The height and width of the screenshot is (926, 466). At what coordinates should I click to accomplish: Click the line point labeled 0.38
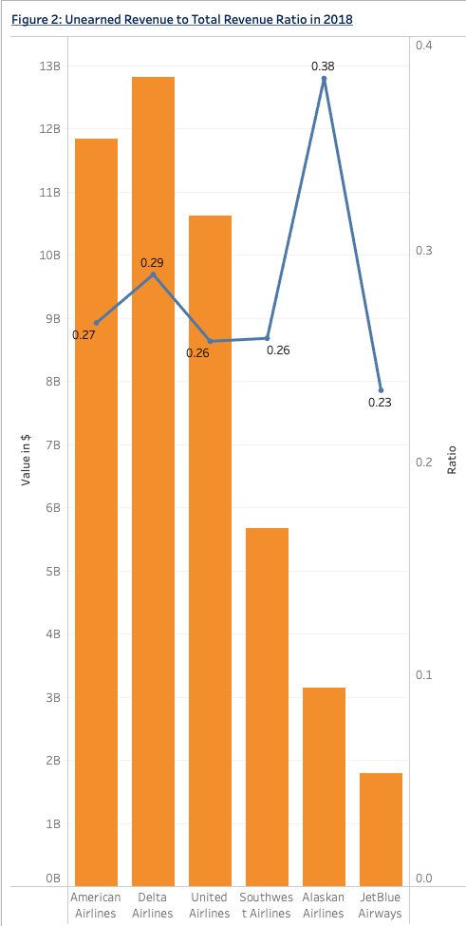click(324, 79)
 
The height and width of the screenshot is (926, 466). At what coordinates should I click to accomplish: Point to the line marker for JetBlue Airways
click(381, 390)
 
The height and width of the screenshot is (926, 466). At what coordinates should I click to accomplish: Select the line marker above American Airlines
click(97, 323)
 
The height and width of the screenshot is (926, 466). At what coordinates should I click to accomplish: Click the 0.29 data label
click(152, 262)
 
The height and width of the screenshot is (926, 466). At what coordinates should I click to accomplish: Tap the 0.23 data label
click(380, 403)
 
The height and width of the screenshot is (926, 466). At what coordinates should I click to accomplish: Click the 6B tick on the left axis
click(51, 508)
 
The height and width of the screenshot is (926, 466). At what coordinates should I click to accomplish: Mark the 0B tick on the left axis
click(51, 879)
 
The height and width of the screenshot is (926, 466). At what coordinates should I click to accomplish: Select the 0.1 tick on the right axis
click(423, 674)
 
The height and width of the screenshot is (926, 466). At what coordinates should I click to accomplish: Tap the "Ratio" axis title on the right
click(452, 460)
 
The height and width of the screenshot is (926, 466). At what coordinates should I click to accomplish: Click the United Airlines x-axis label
click(210, 905)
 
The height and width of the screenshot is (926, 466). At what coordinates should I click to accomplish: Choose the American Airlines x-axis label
click(96, 905)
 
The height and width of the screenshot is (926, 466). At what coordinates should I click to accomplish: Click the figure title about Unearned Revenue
click(182, 19)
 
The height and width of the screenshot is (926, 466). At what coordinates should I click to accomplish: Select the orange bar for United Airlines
click(210, 551)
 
